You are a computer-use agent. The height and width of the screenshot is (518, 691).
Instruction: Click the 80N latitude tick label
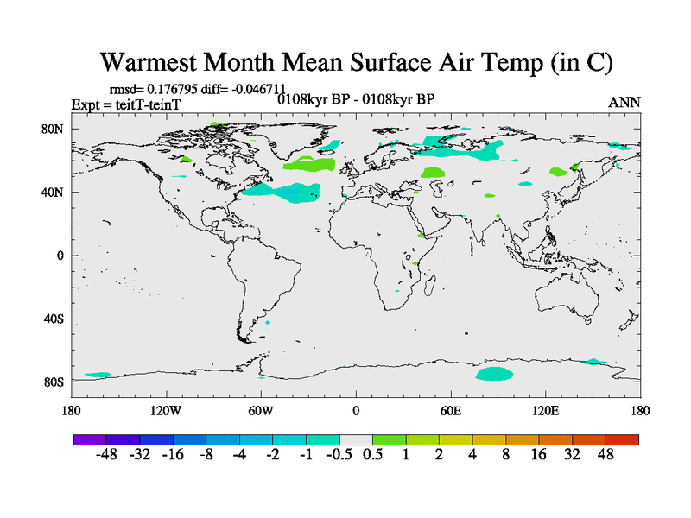[53, 129]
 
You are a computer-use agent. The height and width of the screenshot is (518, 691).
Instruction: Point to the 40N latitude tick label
[53, 193]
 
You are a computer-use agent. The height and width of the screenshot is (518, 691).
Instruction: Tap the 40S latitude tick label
[54, 319]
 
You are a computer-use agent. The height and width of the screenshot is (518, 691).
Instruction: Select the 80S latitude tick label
[54, 382]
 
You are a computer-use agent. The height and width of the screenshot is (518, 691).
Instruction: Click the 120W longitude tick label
[165, 410]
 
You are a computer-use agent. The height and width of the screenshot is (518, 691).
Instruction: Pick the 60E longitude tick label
[450, 410]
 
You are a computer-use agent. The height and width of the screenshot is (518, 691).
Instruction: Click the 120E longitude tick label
[545, 410]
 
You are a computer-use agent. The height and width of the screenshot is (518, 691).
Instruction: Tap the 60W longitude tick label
[261, 410]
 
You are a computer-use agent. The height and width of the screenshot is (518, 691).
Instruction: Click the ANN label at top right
[624, 102]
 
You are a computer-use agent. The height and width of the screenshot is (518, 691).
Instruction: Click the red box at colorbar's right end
[622, 439]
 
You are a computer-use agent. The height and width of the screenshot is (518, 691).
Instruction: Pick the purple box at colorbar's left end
[90, 439]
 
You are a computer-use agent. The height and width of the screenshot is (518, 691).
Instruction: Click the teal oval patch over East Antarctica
[495, 374]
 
